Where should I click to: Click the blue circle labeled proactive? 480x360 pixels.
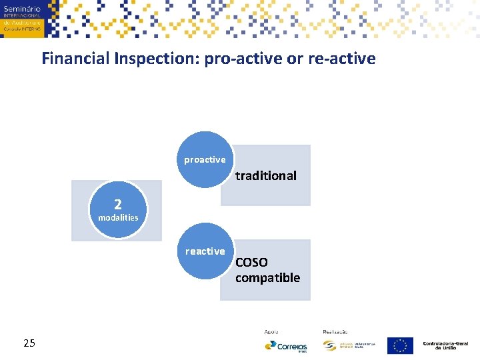(x=205, y=159)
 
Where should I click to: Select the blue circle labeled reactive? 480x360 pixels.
(x=205, y=251)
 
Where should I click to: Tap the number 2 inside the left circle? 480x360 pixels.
(x=118, y=204)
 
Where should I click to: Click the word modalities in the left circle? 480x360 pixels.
(x=118, y=217)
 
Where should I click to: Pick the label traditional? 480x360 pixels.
(x=265, y=176)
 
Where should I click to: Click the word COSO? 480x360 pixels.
(x=251, y=263)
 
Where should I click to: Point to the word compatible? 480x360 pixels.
(x=267, y=278)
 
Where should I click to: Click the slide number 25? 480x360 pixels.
(x=29, y=343)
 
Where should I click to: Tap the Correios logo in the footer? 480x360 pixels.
(x=286, y=346)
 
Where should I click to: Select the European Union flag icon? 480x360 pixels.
(x=400, y=345)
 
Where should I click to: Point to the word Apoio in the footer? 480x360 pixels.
(x=271, y=331)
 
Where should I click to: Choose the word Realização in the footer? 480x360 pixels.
(x=335, y=331)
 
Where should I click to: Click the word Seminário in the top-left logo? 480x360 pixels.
(x=22, y=7)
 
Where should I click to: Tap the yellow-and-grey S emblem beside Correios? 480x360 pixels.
(x=329, y=345)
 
